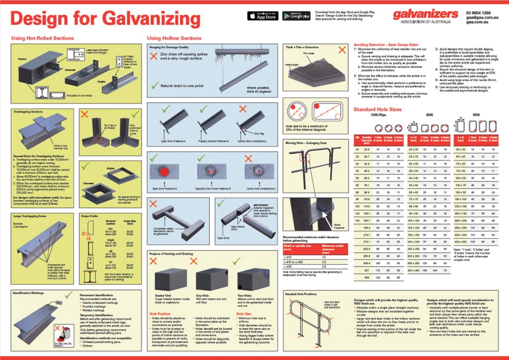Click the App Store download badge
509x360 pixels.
(262, 15)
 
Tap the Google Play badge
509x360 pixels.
(296, 15)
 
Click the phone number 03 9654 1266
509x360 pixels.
(479, 12)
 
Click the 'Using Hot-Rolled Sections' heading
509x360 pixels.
(42, 38)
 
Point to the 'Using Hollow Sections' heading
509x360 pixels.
(174, 38)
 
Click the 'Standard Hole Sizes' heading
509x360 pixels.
(378, 109)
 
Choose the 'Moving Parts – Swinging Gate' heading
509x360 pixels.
(305, 143)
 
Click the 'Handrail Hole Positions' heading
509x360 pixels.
(301, 294)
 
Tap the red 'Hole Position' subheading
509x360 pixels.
(161, 314)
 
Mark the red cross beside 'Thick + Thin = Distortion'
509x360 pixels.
(341, 50)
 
